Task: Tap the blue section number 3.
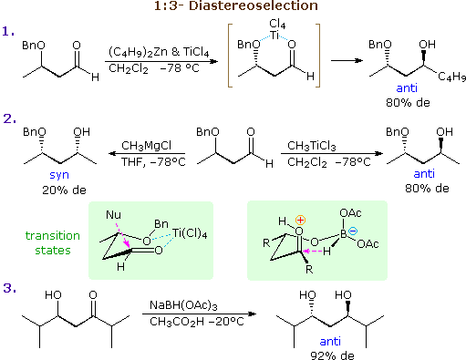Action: (x=9, y=288)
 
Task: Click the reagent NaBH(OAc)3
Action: (x=188, y=306)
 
